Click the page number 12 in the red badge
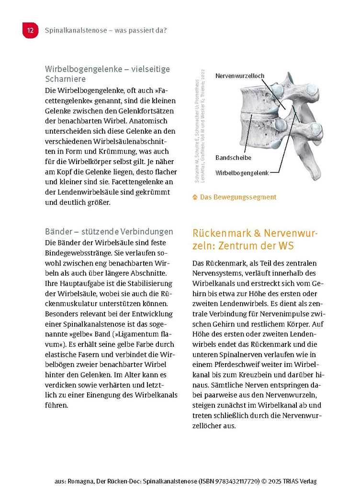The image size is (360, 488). coord(30,31)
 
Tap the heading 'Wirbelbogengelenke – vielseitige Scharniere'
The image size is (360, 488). coord(107,74)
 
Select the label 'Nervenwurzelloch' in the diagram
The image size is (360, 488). coord(239,76)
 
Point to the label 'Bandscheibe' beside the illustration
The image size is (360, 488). coord(233,157)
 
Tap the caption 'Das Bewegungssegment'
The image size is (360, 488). coord(238,197)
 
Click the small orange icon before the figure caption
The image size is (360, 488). coord(195,197)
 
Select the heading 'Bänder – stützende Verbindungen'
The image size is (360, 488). coord(109,232)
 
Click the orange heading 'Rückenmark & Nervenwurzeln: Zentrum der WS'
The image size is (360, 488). coord(255,239)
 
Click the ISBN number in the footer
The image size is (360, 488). coord(232,481)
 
